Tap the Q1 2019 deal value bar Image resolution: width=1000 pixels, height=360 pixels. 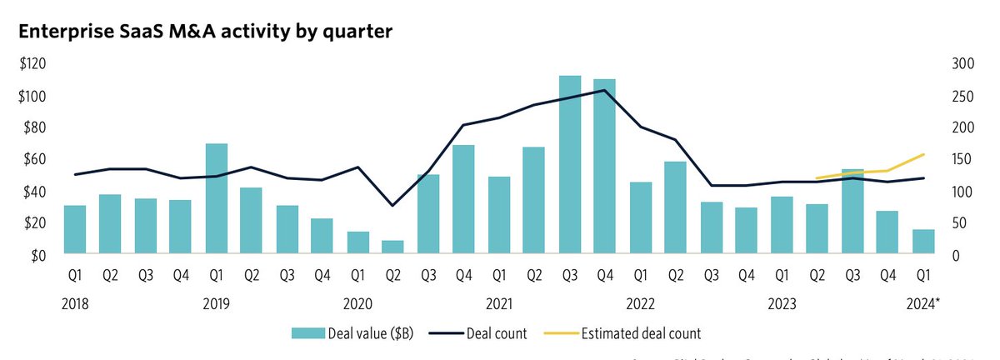217,199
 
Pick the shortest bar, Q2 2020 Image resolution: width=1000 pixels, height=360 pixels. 392,247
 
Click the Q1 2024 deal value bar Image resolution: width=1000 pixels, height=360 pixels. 922,242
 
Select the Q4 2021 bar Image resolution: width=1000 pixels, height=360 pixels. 604,167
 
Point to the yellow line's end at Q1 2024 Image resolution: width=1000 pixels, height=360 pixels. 923,154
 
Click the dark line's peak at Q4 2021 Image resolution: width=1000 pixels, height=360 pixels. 604,90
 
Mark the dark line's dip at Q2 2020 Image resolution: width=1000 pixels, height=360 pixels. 392,205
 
